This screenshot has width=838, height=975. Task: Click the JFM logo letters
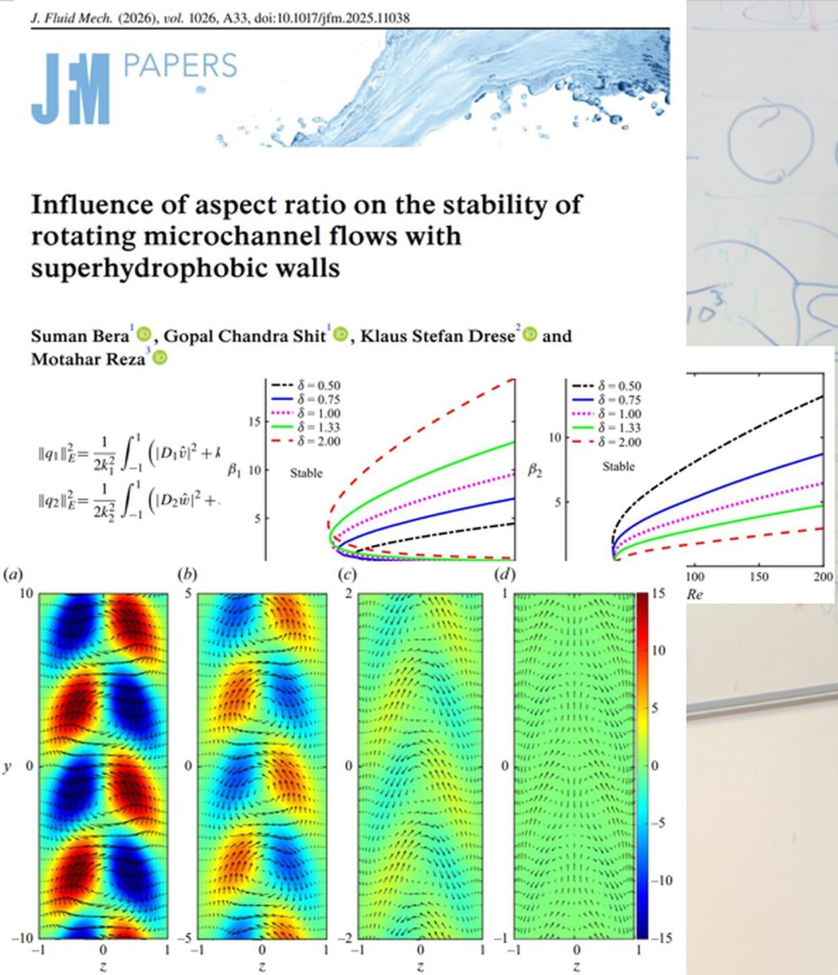(x=70, y=88)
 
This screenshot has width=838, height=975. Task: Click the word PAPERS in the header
(x=180, y=66)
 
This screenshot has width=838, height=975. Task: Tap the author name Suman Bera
(x=80, y=336)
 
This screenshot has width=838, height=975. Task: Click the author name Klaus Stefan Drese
(x=437, y=336)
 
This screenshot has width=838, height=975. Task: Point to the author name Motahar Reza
(x=88, y=359)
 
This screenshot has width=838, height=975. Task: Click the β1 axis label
(x=233, y=470)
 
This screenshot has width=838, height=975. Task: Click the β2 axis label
(x=534, y=470)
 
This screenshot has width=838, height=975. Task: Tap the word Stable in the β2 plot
(x=618, y=466)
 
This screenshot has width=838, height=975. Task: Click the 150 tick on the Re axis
(x=759, y=577)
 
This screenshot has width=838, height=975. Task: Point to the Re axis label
(x=694, y=594)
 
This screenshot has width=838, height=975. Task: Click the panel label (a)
(x=13, y=575)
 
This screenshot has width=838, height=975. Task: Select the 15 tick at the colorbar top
(x=659, y=593)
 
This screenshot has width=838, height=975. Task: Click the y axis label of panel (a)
(x=7, y=767)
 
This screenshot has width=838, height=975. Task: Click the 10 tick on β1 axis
(x=254, y=470)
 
